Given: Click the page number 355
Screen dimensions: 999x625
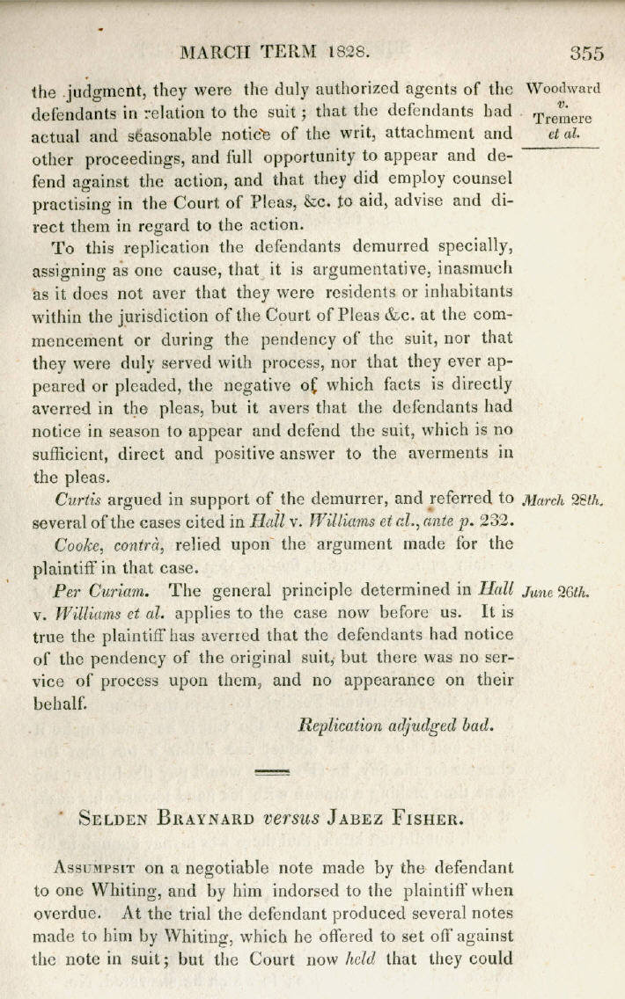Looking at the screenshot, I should click(x=586, y=52).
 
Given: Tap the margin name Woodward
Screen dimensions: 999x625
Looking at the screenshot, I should click(x=563, y=89).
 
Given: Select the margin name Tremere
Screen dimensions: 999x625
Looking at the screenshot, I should click(x=563, y=119).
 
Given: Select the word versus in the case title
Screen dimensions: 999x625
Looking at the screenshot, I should click(x=291, y=817).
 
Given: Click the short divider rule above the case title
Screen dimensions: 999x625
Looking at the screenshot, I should click(x=271, y=772).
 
